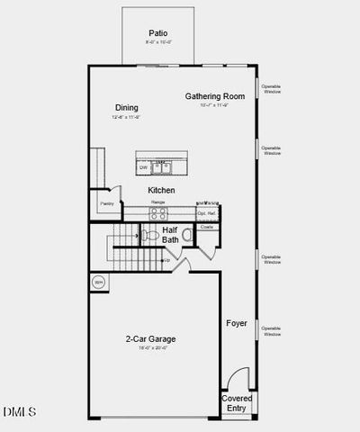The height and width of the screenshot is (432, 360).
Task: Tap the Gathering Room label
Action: coord(215,96)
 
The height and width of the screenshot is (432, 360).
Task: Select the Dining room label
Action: coord(126,108)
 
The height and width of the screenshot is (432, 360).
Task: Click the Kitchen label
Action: coord(161,191)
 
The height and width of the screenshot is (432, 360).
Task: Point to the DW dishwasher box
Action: coord(143,166)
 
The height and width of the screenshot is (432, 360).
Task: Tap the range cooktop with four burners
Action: coord(157,214)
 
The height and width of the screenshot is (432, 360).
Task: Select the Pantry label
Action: coord(107,203)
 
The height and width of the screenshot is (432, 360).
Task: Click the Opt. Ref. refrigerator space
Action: coord(207,213)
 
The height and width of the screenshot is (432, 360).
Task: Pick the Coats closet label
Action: coord(206,227)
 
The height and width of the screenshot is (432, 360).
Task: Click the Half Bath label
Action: coord(170,235)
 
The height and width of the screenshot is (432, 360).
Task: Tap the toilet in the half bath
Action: coord(148,236)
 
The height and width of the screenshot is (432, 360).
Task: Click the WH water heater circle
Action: coord(98,283)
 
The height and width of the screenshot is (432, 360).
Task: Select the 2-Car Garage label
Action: coord(150,339)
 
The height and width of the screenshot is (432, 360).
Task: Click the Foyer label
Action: coord(237,323)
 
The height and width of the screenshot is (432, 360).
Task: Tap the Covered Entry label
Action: coord(238,402)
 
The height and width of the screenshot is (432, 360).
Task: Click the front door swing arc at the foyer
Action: coord(236,377)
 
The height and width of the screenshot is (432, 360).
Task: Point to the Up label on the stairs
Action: coord(166,260)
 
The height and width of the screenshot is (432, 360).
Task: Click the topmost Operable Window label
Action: coord(271,89)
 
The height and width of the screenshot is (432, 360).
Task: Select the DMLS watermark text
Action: coord(19,411)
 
